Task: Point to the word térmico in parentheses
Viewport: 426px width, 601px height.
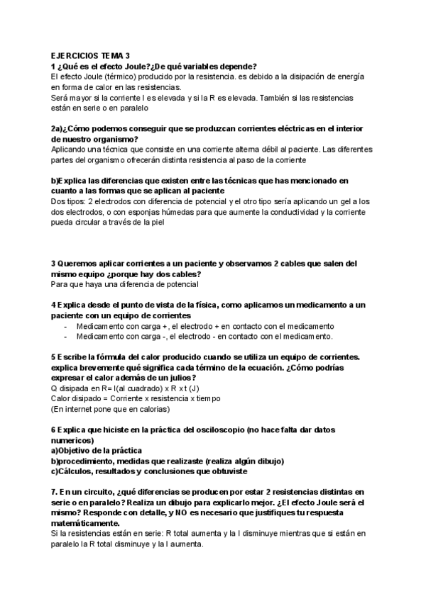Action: click(116, 76)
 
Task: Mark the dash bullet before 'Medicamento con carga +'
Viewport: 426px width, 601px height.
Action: click(65, 325)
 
